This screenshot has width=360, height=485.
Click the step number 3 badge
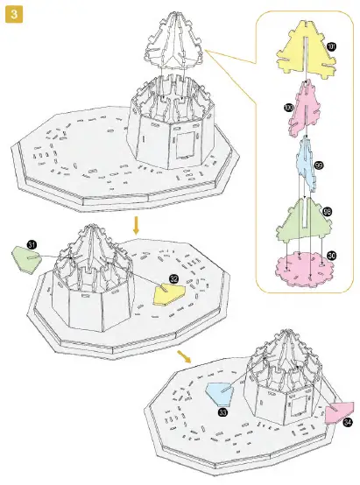[13, 15]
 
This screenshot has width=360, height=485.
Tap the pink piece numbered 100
[302, 107]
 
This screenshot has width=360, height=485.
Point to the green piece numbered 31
[25, 258]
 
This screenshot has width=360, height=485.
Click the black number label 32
[173, 279]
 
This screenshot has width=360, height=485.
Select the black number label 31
[32, 244]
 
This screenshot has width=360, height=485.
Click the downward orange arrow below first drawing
[135, 227]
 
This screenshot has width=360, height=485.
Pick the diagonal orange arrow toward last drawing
[185, 356]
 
